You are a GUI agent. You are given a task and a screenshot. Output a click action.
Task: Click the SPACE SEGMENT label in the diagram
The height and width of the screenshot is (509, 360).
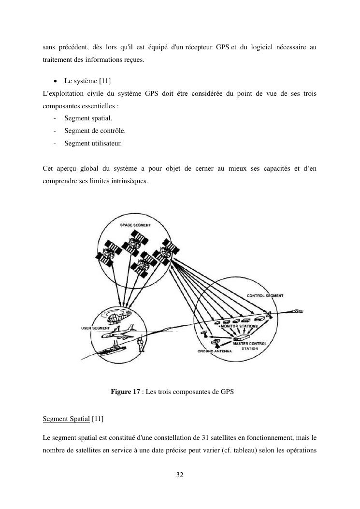[135, 225]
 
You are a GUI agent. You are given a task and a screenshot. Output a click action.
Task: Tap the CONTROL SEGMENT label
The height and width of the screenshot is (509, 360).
[265, 295]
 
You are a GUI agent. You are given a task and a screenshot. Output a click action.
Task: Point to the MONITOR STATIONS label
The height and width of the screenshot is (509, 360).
[239, 326]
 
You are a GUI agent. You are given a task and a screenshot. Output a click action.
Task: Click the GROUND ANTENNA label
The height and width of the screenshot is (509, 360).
[215, 351]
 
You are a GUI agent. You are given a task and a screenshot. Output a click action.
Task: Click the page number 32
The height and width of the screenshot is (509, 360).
[180, 475]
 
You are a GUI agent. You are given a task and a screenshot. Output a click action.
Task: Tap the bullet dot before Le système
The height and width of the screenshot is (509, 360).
[57, 80]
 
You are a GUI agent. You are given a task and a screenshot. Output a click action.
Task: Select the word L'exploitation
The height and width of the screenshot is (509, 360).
[60, 93]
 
